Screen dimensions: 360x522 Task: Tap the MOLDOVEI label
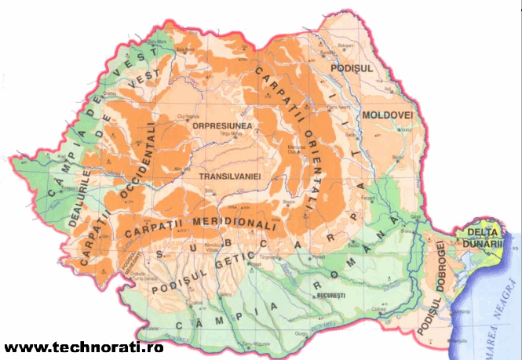click(387, 115)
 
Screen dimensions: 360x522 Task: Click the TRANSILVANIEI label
click(229, 177)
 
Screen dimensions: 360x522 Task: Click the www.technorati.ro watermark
click(82, 347)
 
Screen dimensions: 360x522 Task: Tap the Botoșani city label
click(346, 46)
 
